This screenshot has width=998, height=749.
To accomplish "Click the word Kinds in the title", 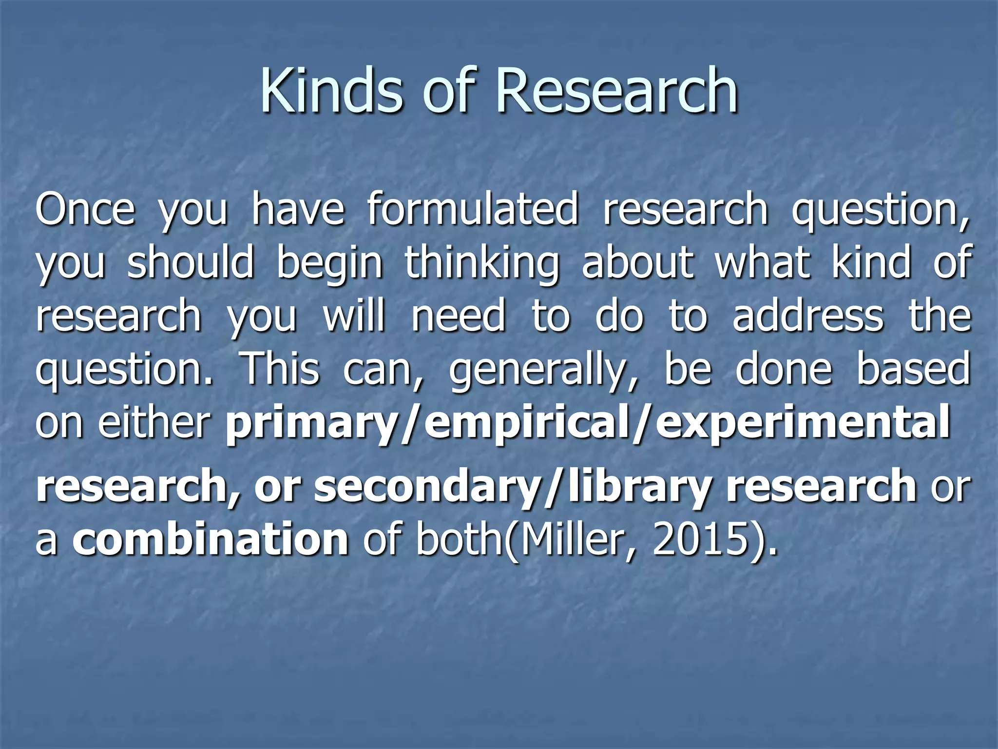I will click(x=332, y=91).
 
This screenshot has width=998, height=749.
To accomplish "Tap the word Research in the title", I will click(x=616, y=91).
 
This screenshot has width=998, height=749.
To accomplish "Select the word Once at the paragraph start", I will click(x=85, y=210).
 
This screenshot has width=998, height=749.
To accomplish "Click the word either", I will click(x=154, y=422).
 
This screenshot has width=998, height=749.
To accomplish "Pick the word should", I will click(x=191, y=263).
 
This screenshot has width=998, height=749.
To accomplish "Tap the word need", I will click(x=459, y=317).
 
